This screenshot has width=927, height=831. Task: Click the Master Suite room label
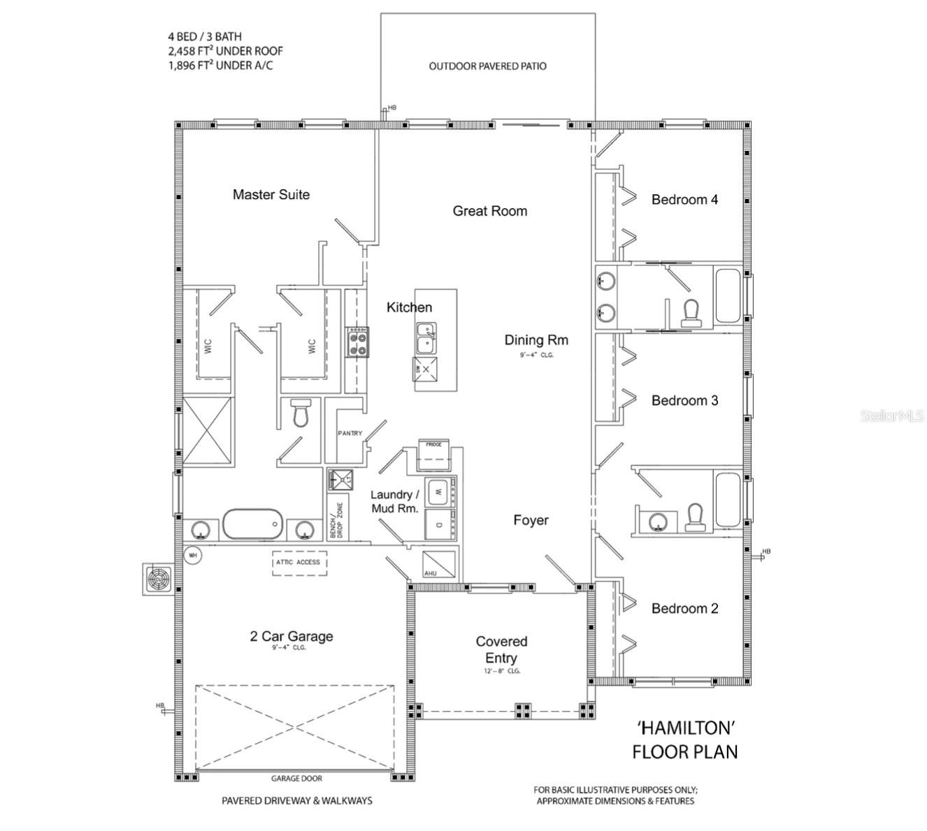[x=271, y=195]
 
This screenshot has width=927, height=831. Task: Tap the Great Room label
[x=489, y=211]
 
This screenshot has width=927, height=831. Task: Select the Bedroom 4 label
[x=684, y=200]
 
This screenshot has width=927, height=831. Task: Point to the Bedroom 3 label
[x=684, y=401]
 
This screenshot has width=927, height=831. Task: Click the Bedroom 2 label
[x=684, y=609]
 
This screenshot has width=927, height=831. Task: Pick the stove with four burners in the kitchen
[x=358, y=342]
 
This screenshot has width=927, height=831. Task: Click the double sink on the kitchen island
[x=426, y=339]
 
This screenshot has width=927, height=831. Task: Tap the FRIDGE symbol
[x=433, y=455]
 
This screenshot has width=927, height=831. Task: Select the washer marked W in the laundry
[x=438, y=492]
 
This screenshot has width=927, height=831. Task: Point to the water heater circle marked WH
[x=193, y=556]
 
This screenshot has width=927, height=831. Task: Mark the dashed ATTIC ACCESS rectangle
[x=299, y=562]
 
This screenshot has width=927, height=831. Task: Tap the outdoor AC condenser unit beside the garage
[x=158, y=580]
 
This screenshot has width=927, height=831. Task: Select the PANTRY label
[x=350, y=434]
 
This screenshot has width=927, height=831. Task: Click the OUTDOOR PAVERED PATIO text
[x=487, y=66]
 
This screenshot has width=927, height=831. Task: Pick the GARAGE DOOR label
[x=296, y=779]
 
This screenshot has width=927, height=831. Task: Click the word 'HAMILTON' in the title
[x=686, y=728]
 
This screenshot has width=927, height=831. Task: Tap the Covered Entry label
[x=501, y=650]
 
